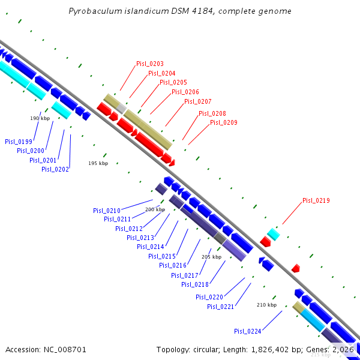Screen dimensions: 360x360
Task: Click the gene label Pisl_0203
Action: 150,64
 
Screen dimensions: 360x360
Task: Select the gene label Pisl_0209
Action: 224,122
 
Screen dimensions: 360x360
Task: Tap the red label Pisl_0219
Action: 316,200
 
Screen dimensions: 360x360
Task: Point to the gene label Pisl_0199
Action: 19,142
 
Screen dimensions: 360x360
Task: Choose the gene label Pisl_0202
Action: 55,169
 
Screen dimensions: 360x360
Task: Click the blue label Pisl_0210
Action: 107,211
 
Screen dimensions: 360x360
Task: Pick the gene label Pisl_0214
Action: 151,247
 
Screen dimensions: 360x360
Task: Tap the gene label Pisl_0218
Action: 194,284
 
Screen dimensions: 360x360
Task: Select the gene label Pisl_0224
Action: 248,331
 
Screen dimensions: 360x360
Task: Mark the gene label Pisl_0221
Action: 221,307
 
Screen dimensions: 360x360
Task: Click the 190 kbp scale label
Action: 40,118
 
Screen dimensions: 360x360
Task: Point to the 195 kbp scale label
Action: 98,163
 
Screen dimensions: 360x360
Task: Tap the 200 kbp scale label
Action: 155,209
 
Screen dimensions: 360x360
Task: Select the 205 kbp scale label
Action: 211,257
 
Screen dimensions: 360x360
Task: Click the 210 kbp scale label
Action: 266,305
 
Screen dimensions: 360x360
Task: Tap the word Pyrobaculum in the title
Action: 92,11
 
